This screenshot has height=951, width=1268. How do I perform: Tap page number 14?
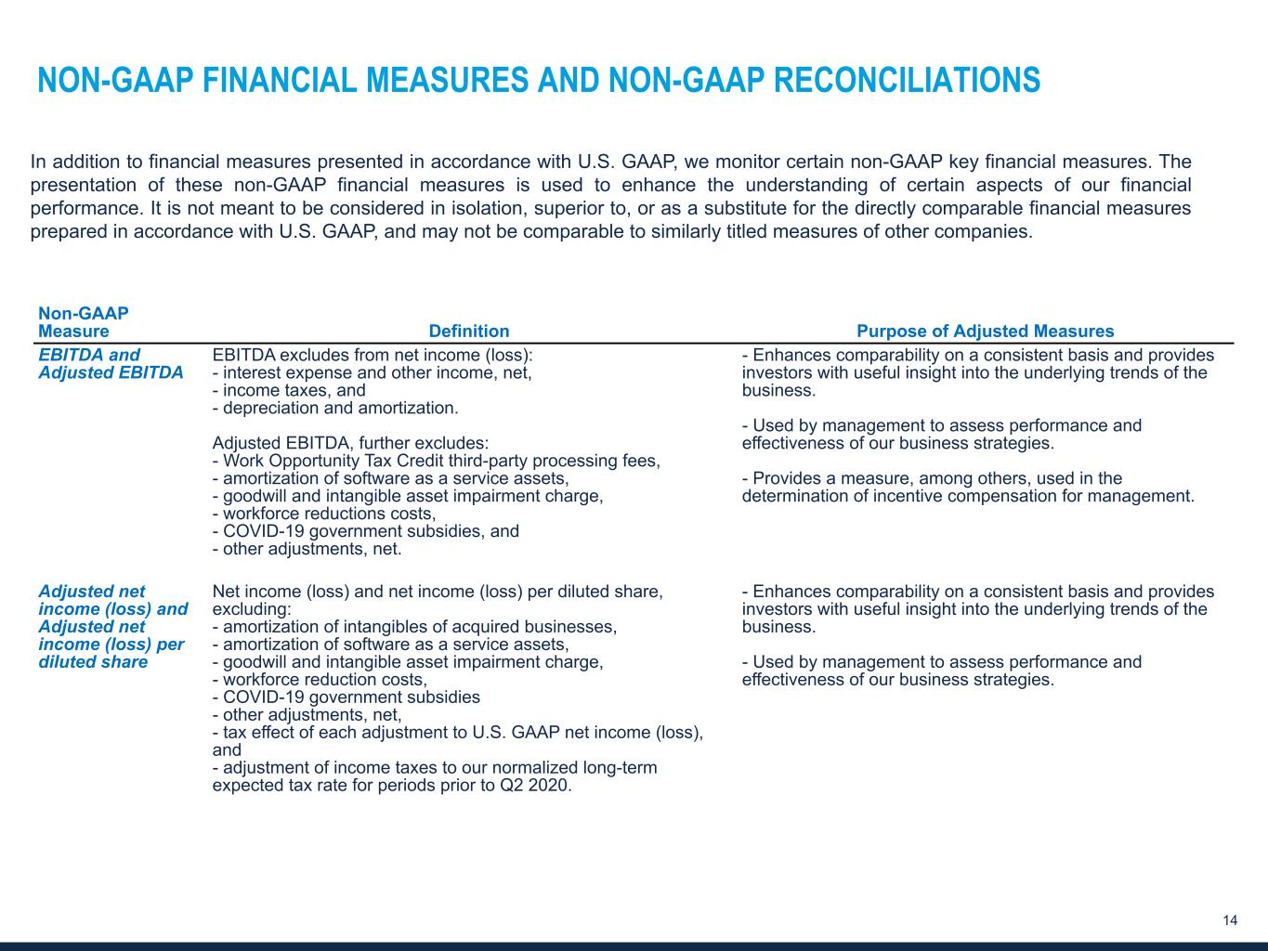click(x=1230, y=920)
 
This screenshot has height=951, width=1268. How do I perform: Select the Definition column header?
click(x=468, y=332)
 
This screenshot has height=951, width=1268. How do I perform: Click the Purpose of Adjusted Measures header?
click(x=985, y=332)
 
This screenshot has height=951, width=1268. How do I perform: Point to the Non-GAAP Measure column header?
click(x=84, y=322)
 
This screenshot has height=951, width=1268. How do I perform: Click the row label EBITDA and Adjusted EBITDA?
click(x=111, y=364)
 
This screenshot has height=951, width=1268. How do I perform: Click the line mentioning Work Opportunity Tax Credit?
click(x=436, y=461)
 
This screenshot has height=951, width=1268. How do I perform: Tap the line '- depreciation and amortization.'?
click(x=335, y=408)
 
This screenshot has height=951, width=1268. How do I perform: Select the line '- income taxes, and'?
click(x=289, y=390)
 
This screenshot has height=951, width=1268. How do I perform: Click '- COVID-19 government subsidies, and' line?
click(x=365, y=531)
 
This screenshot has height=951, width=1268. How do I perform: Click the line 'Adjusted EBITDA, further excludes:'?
click(x=350, y=443)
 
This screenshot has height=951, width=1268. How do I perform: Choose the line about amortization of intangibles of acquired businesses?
click(x=414, y=627)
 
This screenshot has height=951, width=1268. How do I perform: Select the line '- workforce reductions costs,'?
click(x=323, y=514)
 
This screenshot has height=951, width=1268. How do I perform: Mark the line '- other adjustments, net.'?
click(x=307, y=549)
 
